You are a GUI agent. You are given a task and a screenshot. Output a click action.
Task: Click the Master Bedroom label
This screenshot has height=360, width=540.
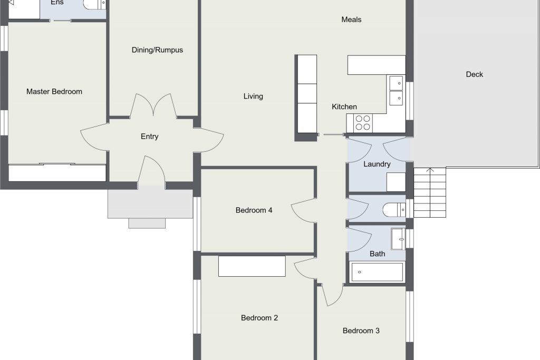click(x=54, y=92)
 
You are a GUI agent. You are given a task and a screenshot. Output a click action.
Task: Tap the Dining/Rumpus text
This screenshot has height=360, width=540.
click(x=157, y=50)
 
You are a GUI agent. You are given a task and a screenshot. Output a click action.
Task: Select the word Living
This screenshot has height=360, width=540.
click(x=253, y=96)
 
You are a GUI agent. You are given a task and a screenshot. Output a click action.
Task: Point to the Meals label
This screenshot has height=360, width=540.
click(x=351, y=20)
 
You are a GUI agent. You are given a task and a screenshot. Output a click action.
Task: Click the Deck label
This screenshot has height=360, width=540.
click(x=474, y=74)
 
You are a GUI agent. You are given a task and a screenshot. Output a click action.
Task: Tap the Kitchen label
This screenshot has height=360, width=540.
click(x=344, y=106)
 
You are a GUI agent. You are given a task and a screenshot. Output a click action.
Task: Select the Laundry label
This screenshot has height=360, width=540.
click(x=377, y=164)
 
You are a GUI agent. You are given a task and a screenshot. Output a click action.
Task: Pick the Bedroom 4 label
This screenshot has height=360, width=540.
click(x=254, y=210)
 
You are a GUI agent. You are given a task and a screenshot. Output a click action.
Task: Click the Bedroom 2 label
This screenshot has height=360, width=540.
click(x=259, y=318)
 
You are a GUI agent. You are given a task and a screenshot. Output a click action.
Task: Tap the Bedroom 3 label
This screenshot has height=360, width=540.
click(x=361, y=330)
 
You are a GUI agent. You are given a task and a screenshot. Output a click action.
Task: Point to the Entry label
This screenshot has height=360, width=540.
click(x=149, y=137)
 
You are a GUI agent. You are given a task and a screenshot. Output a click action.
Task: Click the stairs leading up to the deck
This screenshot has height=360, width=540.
click(x=430, y=193)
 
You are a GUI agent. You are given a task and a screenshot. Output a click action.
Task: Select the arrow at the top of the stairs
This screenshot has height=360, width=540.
click(x=430, y=170)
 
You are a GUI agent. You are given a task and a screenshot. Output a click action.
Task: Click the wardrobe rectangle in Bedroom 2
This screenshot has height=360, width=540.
click(x=252, y=266)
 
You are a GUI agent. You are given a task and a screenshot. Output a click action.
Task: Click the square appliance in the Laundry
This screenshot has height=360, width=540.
click(x=396, y=182)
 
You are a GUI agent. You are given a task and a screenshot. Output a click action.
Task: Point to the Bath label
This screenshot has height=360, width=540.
click(x=377, y=254)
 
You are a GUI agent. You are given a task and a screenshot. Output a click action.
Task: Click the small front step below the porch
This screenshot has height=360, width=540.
click(x=147, y=223)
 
